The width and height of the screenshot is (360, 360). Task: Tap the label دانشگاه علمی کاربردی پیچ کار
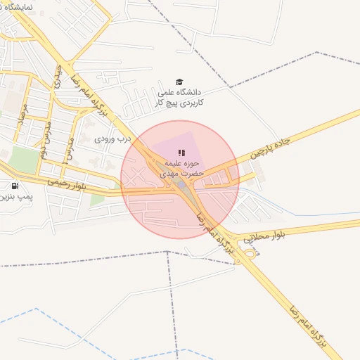tap(179, 97)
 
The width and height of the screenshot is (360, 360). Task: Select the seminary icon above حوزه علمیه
tap(181, 153)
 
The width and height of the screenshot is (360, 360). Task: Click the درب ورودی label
tap(114, 139)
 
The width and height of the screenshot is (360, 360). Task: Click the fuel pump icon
tap(15, 186)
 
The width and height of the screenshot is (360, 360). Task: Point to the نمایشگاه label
tap(21, 6)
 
